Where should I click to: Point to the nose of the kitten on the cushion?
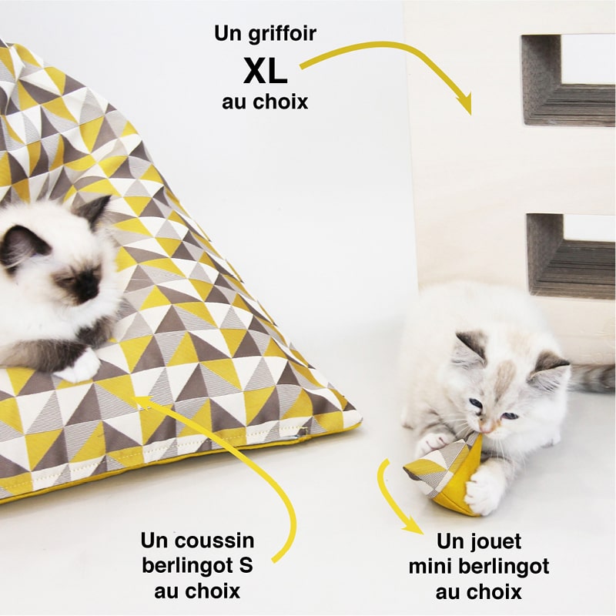pyautogui.click(x=86, y=293)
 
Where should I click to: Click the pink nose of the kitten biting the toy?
pyautogui.click(x=486, y=426)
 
